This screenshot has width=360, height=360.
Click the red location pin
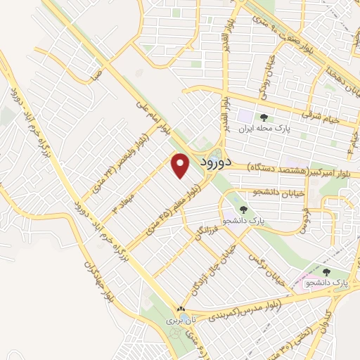pos(181,166)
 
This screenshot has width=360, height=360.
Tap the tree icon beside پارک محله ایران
pos(264,117)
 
